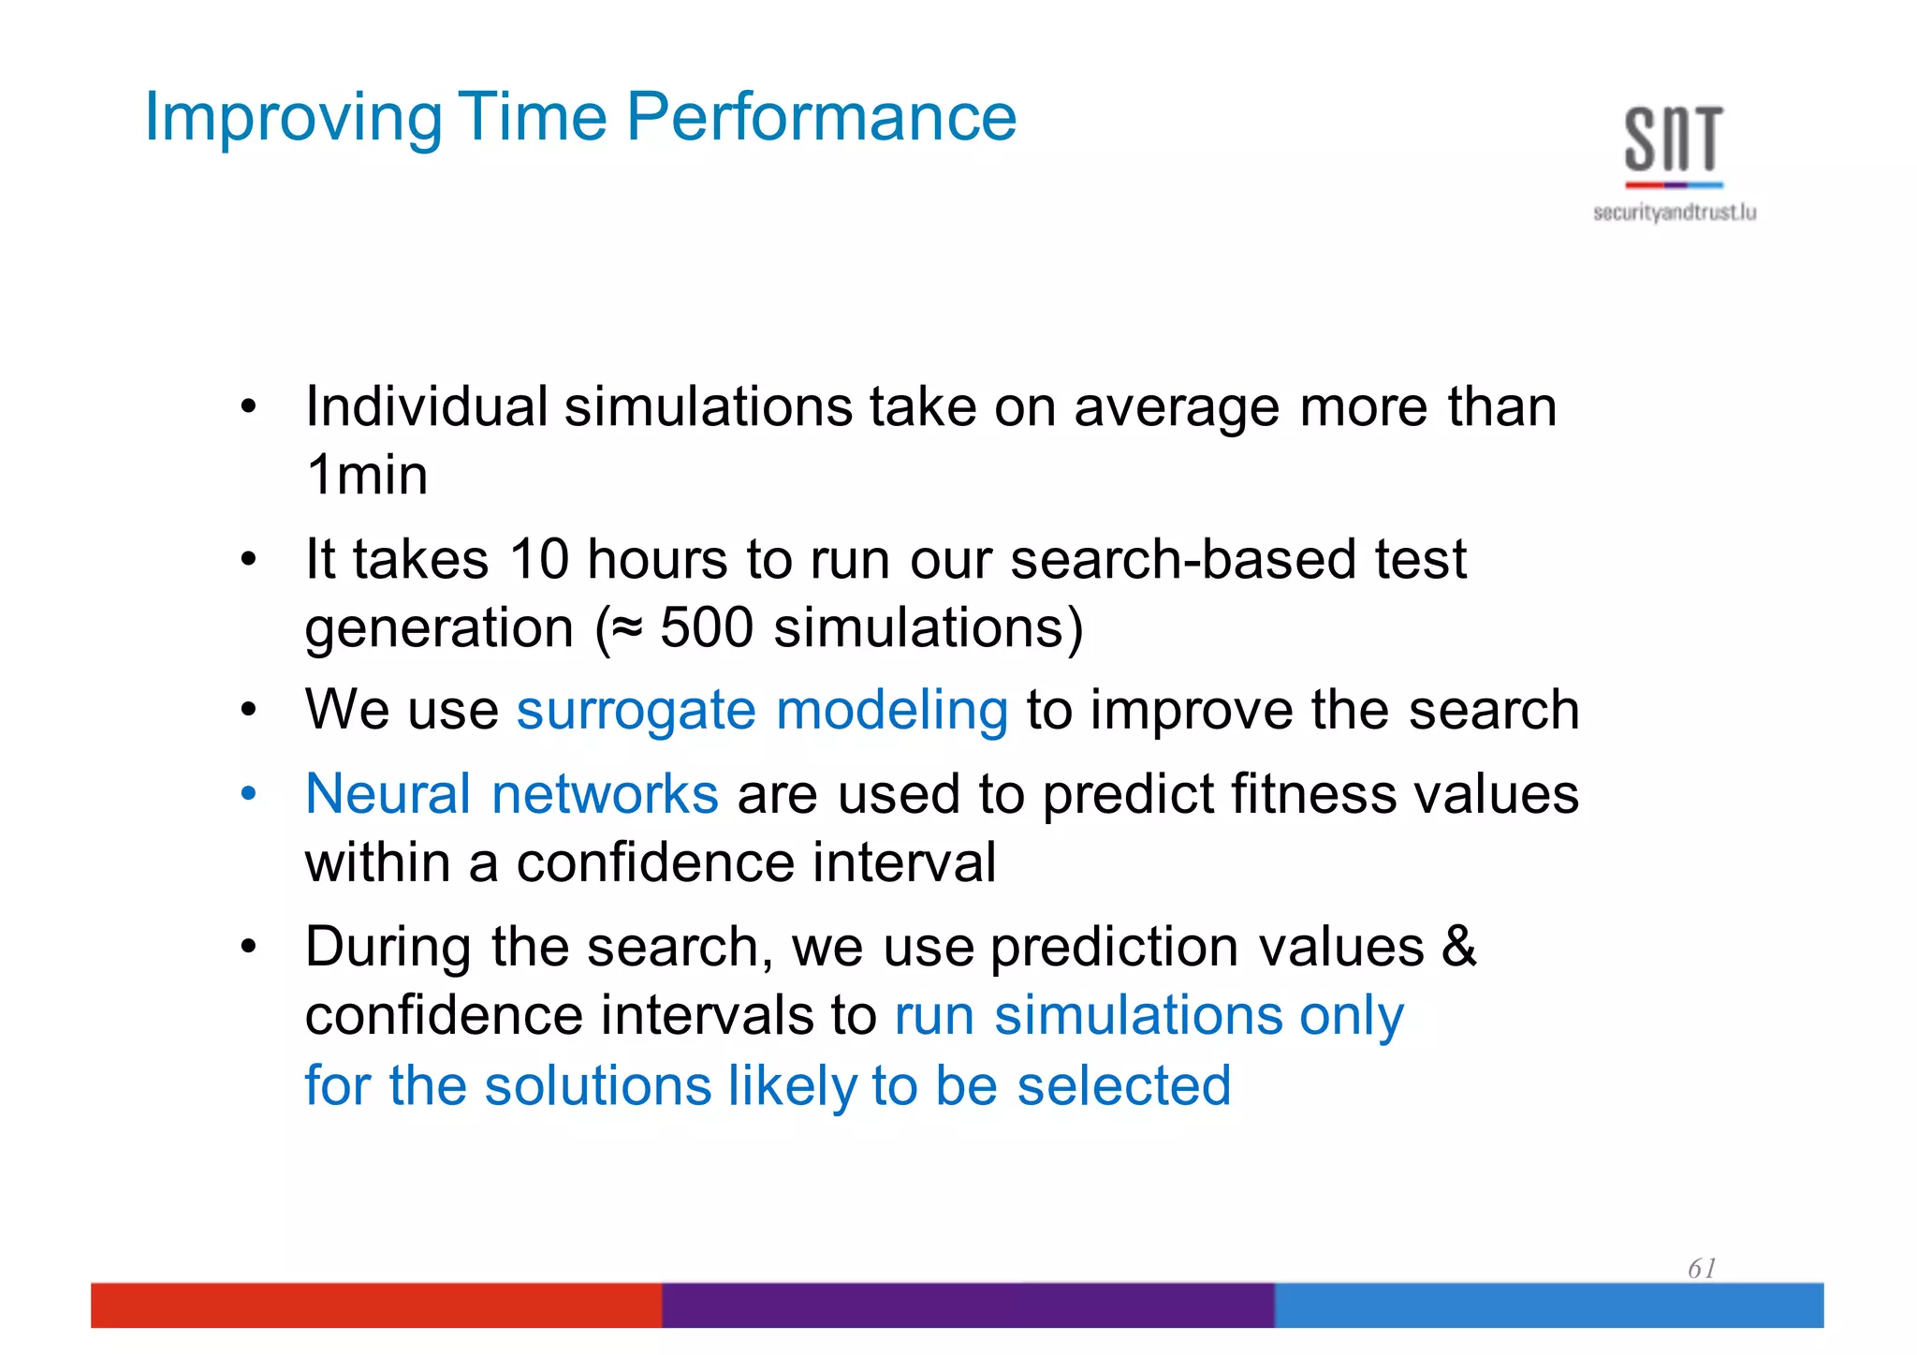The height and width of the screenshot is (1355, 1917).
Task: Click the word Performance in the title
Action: click(821, 118)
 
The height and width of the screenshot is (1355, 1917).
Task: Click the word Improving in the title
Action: click(293, 118)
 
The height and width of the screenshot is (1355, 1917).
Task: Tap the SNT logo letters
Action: click(1674, 140)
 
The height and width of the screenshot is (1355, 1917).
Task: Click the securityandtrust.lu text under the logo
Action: click(1674, 214)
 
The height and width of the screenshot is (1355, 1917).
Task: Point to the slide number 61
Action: click(1701, 1269)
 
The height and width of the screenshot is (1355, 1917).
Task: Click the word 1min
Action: click(367, 475)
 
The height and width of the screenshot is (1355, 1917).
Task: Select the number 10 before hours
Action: click(539, 559)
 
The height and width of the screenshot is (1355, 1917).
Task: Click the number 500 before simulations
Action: click(706, 627)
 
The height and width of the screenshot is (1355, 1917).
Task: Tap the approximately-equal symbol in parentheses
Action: click(627, 627)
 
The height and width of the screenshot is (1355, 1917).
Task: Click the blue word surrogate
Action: click(636, 711)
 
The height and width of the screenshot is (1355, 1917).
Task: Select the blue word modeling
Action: click(892, 711)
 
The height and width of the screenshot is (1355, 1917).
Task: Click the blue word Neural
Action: click(388, 794)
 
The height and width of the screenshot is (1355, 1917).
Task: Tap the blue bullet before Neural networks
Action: click(248, 794)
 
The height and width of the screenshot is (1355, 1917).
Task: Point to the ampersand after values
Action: click(1458, 947)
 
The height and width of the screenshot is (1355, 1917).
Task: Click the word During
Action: click(388, 947)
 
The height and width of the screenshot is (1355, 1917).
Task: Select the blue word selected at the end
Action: click(1123, 1086)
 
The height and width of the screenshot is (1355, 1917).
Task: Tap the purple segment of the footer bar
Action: click(968, 1304)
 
